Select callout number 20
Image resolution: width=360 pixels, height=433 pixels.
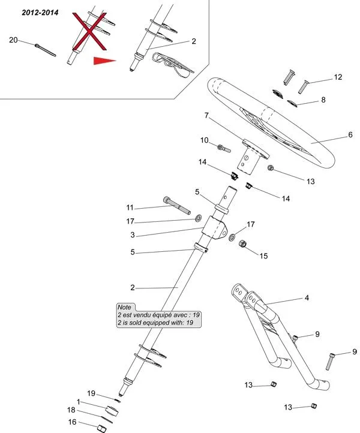click(13, 40)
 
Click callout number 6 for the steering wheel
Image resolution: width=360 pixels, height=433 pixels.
click(350, 136)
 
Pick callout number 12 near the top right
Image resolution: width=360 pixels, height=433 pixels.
click(338, 77)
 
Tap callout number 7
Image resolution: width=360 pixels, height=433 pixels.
click(206, 115)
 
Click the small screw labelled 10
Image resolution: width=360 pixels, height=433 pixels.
click(224, 147)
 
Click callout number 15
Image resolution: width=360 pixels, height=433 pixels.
click(263, 255)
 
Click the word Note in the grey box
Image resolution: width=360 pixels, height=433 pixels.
click(124, 307)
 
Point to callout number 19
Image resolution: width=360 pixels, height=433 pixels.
click(92, 393)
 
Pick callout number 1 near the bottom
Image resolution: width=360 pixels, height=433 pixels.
click(78, 401)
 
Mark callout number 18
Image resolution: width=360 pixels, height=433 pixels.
click(71, 411)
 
